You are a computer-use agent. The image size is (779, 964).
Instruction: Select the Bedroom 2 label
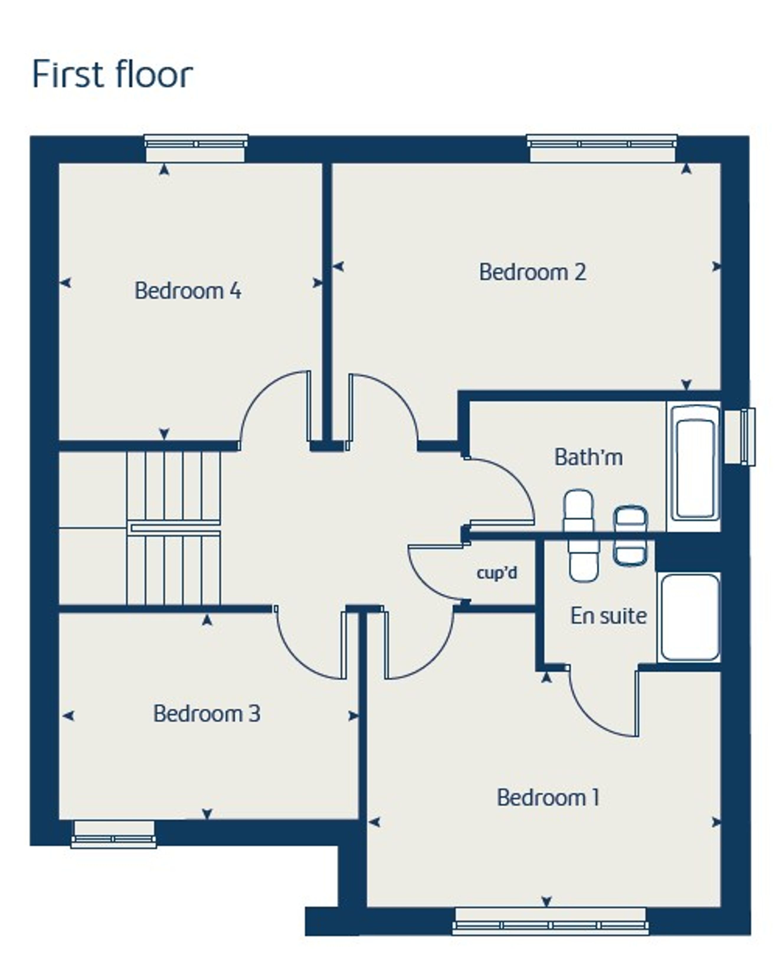tap(533, 272)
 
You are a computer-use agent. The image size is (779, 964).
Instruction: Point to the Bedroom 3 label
tap(207, 713)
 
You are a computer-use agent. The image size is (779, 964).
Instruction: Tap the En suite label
tap(608, 616)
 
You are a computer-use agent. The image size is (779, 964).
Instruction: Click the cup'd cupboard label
tap(497, 573)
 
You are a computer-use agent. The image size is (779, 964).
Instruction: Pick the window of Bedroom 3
tap(114, 834)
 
